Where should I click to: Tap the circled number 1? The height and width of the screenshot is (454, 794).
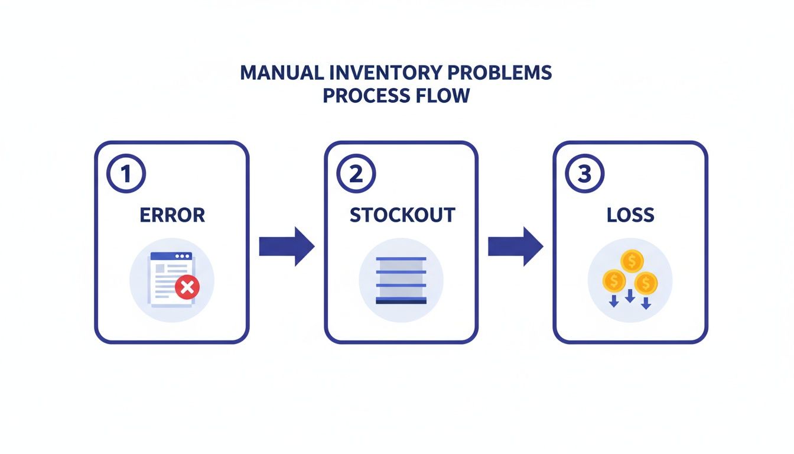click(x=125, y=174)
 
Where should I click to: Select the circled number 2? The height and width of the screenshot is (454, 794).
click(x=355, y=174)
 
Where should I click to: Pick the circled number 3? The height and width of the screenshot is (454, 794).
click(x=584, y=174)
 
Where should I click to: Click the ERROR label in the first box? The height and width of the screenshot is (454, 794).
click(x=172, y=215)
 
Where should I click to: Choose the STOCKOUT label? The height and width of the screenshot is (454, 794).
click(x=402, y=215)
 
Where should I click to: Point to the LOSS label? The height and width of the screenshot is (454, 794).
click(x=630, y=215)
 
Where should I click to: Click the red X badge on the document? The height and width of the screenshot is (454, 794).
click(x=187, y=288)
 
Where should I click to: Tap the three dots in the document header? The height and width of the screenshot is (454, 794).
click(x=183, y=257)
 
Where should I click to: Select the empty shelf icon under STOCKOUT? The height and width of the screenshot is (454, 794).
click(x=401, y=281)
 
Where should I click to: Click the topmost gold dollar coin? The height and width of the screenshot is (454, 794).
click(x=632, y=260)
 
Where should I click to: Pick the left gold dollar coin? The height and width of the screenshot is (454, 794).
click(x=614, y=280)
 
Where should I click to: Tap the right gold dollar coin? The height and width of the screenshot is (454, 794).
click(x=646, y=283)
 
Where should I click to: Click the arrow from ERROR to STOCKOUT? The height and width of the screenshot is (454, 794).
click(x=287, y=246)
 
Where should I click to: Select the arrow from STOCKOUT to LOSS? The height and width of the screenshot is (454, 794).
click(x=515, y=246)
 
